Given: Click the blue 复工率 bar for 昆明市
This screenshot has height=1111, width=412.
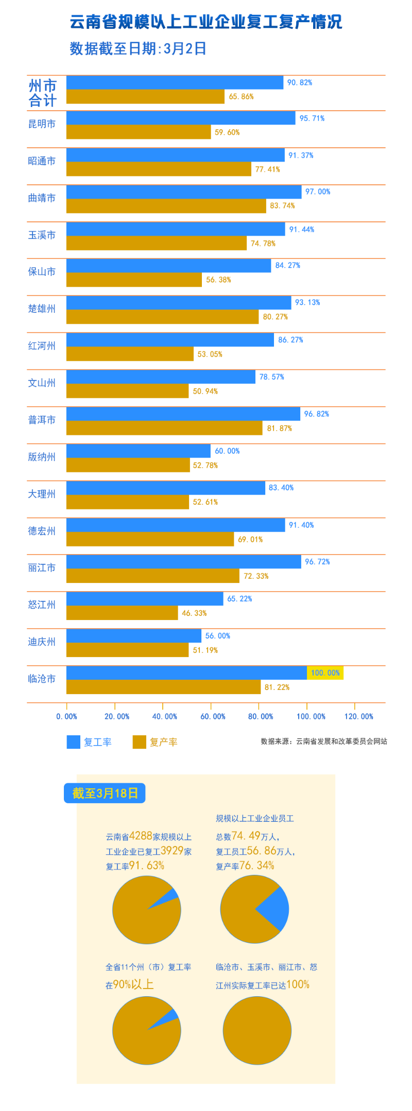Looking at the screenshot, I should (x=180, y=118).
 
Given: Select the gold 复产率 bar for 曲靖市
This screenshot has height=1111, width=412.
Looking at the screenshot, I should (x=166, y=206).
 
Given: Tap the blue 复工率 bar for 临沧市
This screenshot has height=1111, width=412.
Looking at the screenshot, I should (x=186, y=673).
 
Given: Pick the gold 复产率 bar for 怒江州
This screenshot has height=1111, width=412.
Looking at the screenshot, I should (x=122, y=613).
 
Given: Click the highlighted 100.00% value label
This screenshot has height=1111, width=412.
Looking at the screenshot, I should (x=325, y=673).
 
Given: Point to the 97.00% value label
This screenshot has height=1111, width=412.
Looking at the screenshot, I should (x=318, y=192).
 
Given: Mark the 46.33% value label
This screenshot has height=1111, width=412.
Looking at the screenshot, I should (x=194, y=613).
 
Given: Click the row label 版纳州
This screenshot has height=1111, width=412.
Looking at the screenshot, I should (x=42, y=457).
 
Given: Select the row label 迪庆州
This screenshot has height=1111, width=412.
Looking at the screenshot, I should (x=42, y=642).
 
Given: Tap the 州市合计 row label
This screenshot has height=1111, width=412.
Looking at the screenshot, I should (x=42, y=93).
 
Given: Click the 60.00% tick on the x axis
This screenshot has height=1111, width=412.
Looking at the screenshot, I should (x=213, y=716).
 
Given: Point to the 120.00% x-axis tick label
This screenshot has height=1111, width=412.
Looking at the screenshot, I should (x=359, y=716).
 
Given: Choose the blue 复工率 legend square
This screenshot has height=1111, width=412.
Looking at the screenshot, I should (x=74, y=742).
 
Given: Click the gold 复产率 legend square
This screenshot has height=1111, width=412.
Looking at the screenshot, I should (x=139, y=742).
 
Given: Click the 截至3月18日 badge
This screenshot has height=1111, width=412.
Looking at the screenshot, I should (x=105, y=793).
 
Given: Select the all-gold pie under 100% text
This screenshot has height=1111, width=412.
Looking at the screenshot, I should (x=257, y=1031).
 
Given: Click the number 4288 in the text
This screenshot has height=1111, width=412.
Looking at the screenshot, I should (x=141, y=836).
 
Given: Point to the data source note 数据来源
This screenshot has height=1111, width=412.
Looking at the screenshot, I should (x=324, y=742).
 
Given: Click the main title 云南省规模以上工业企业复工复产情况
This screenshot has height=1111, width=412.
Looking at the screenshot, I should (x=206, y=22).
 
